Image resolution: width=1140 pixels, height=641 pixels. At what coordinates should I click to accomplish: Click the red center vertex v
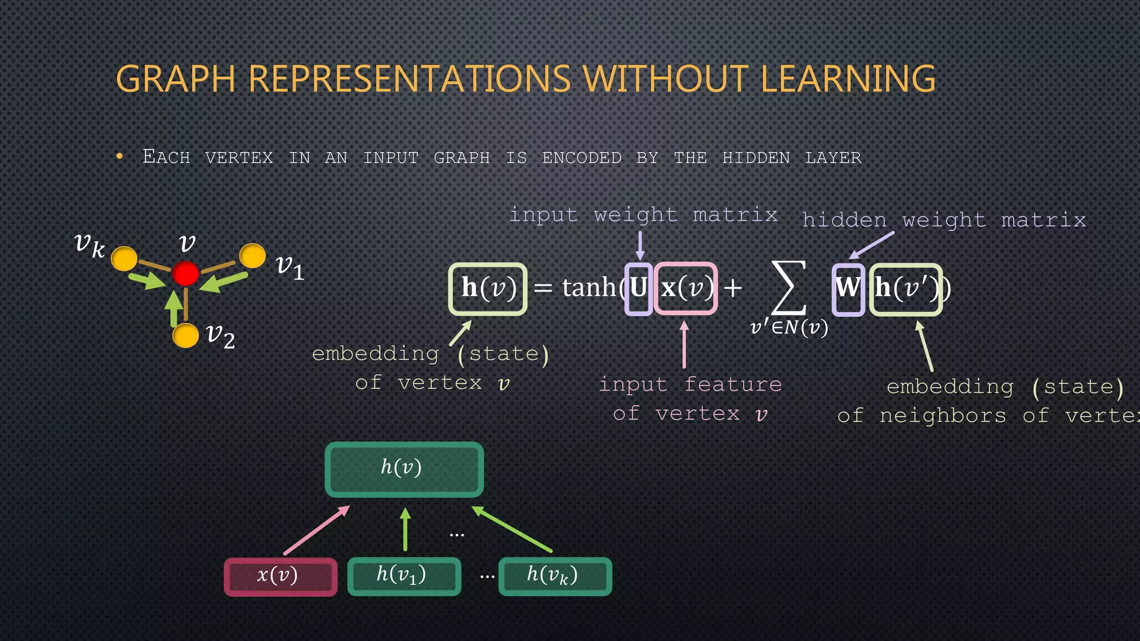pos(185,274)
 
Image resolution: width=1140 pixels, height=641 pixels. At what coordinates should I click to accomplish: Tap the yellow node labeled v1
pos(253,256)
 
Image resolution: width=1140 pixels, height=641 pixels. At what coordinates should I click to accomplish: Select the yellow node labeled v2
pos(185,336)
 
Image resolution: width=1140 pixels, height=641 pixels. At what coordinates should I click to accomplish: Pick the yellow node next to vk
pos(124,259)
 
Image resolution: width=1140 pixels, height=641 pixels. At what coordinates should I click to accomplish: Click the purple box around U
pos(638,289)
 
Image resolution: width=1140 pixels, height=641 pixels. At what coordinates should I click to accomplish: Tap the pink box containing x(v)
pos(686,289)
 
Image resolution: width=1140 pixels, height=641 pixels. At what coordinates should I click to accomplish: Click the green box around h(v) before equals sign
pos(488,289)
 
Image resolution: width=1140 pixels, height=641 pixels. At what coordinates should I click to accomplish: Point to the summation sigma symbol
pos(789,288)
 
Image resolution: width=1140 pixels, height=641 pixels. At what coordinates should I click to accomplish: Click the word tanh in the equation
pos(588,288)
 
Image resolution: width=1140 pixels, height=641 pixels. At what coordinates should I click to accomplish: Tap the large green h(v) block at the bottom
pos(404,469)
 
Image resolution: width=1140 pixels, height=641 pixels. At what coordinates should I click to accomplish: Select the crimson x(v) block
pos(281,576)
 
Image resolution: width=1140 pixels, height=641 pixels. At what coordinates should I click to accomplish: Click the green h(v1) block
pos(404,576)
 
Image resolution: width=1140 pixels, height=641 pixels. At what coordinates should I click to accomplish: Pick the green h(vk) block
pos(554,576)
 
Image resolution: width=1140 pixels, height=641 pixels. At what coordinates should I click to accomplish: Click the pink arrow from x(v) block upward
pos(316,530)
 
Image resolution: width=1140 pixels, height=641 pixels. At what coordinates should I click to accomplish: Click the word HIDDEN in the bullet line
pos(755,158)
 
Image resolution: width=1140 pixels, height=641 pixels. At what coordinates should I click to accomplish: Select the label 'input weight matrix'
pos(643,215)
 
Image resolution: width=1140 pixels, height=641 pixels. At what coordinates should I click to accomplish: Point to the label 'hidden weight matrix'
pos(944,220)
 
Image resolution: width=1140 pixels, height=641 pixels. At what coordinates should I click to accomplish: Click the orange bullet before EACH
pos(120,157)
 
